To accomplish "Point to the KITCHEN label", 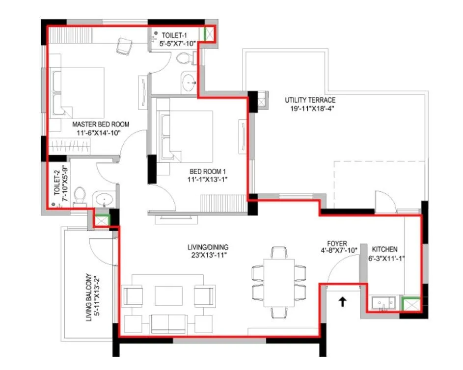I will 384,249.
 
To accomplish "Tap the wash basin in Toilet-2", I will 104,200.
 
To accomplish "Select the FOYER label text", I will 337,243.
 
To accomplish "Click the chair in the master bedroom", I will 124,46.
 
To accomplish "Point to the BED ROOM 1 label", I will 208,171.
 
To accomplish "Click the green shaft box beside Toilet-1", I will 210,33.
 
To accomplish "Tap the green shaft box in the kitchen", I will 411,304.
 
